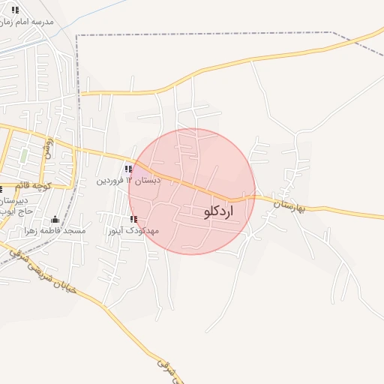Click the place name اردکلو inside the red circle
[218, 212]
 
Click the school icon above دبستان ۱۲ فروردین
[129, 169]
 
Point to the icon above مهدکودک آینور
[133, 219]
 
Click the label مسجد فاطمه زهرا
[55, 230]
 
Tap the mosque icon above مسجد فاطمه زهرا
[55, 219]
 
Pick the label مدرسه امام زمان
[28, 21]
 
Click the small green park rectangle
[24, 156]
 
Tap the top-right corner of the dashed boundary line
[333, 33]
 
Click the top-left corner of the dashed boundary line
[77, 34]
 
